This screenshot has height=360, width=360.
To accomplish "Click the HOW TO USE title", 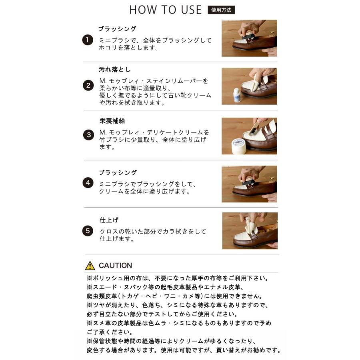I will (x=165, y=10).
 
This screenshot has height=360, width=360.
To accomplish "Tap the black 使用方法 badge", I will (x=221, y=10).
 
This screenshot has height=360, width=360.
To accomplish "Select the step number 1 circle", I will (x=88, y=40).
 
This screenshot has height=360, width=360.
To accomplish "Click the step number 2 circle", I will (x=88, y=85).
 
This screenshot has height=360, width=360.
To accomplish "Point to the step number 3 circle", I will (x=88, y=135).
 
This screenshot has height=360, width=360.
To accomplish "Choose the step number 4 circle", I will (x=88, y=183).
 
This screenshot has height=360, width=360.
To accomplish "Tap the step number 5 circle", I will (x=88, y=231).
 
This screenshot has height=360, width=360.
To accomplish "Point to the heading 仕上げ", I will (x=109, y=220).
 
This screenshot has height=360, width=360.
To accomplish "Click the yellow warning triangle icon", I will (x=90, y=266).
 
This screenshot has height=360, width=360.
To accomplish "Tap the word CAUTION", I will (x=115, y=266).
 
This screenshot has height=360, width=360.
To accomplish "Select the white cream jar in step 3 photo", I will (x=239, y=146).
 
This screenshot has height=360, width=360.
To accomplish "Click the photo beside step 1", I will (x=249, y=38).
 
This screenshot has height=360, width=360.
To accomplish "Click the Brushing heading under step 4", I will (x=118, y=173).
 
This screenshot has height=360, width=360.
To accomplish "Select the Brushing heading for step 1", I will (x=117, y=29).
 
